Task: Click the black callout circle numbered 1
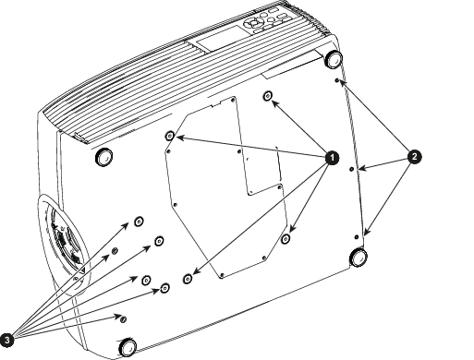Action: [x=332, y=158]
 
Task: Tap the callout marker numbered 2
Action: [x=414, y=157]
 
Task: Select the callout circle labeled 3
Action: [x=6, y=340]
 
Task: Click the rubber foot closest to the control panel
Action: [x=334, y=58]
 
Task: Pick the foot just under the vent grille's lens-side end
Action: [x=103, y=156]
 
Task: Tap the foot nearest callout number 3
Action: [x=128, y=347]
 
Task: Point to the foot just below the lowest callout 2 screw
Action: [x=359, y=257]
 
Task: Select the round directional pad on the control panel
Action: [x=254, y=22]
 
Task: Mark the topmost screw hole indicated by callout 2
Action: [x=337, y=80]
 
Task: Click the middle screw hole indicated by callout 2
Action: [x=351, y=169]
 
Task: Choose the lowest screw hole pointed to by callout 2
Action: [x=357, y=237]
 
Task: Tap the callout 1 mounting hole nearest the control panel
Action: [x=267, y=96]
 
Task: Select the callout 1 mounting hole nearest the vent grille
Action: [x=170, y=136]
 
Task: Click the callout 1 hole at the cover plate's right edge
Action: [x=286, y=238]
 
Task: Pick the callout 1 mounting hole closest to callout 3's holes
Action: [x=188, y=279]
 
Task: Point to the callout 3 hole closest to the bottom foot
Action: [x=123, y=318]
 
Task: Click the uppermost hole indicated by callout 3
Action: [x=139, y=221]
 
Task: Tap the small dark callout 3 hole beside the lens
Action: [x=115, y=251]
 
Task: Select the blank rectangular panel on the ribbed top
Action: [x=221, y=38]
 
